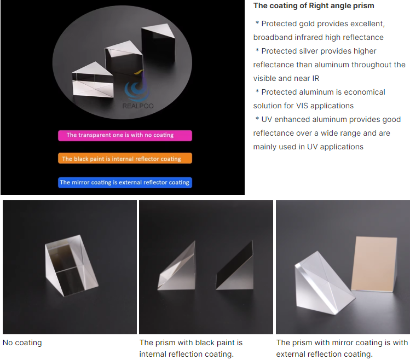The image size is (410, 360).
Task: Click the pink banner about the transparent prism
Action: point(125,136)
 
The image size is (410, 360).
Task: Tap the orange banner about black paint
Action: point(125,159)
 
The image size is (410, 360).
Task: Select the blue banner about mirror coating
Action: point(125,183)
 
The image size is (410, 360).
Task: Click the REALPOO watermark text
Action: point(138,106)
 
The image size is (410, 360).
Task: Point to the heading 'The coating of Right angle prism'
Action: point(314,5)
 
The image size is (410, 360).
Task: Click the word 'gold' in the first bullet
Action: point(307,24)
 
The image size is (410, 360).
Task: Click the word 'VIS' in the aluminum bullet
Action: point(302,106)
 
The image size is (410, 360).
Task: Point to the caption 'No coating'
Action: point(22,342)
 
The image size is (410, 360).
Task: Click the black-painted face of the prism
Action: point(234,264)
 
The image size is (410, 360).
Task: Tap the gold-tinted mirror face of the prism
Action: point(374,264)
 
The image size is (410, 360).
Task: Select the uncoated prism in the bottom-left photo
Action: point(71,265)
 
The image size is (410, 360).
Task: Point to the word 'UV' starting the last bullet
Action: point(267,119)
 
